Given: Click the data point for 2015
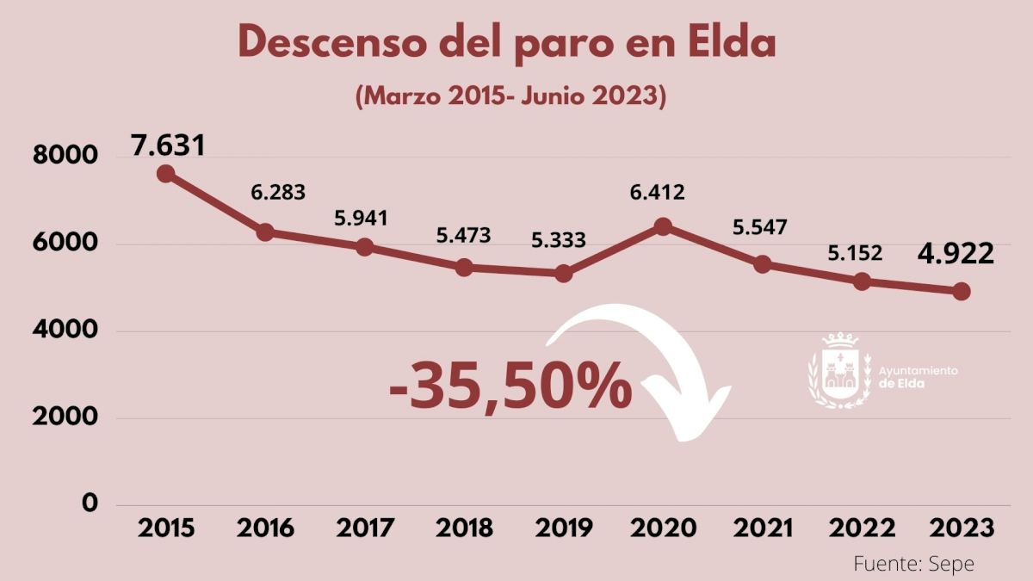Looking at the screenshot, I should pos(166,174).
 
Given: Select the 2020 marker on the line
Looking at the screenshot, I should pos(663,226).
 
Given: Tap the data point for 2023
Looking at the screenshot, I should pos(962,291).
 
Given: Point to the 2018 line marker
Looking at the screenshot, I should pos(464,267).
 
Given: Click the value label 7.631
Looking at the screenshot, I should pos(168,144).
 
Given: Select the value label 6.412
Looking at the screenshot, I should pos(657,192).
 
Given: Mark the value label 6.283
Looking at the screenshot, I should pos(278,192).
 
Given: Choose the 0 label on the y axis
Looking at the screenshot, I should pos(90,503).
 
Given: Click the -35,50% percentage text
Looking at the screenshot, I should pos(510,386).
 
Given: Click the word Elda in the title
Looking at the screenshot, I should pos(731,43).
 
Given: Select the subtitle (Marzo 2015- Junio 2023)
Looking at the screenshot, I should pos(510,96).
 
